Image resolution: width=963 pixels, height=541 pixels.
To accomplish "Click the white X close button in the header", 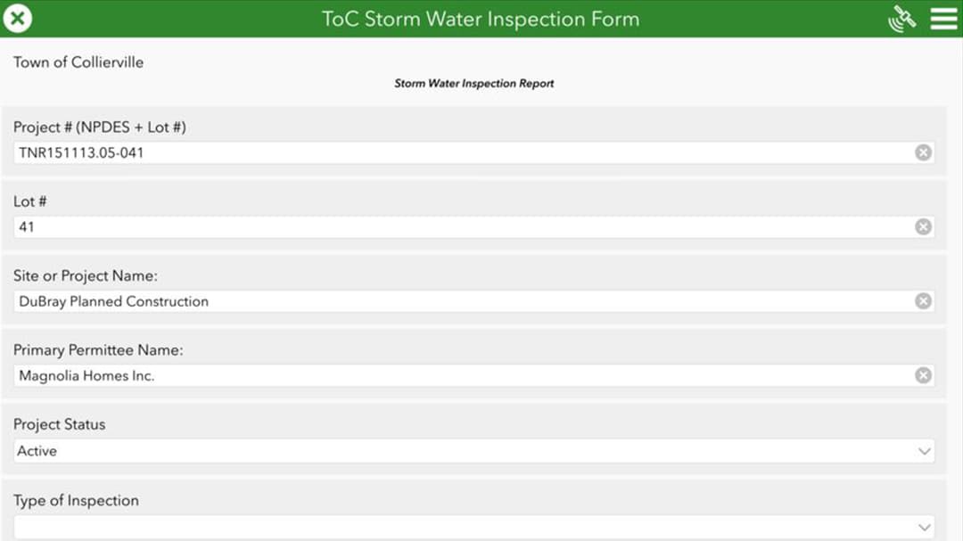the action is point(17,19).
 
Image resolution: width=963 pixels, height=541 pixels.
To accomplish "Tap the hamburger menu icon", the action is point(943,19).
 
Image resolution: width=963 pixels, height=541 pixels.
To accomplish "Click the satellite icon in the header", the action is point(901,19).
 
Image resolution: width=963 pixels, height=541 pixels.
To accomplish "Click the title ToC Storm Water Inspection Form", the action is point(481,19).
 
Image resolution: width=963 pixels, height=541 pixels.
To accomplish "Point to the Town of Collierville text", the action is point(78,62).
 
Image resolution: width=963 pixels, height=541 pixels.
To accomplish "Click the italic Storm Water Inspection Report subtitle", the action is point(474,84).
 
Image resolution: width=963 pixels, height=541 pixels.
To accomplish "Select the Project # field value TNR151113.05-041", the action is point(81,153).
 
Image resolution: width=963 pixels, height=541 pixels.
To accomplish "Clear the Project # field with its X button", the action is point(923,153).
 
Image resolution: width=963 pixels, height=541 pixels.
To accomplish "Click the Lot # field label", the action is point(30,201).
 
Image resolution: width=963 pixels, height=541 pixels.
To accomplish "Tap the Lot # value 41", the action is point(27,227).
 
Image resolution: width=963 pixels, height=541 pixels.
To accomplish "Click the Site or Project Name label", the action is point(86,275).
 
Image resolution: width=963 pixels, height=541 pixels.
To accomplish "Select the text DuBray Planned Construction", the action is point(113,301).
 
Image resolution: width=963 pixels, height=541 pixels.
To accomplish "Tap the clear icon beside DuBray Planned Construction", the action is point(923,301).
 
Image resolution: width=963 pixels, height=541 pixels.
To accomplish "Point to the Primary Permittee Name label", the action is point(98,350).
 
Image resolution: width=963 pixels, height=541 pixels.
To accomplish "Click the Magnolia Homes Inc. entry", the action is point(86,376).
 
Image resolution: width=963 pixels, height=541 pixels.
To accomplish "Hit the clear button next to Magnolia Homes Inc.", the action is point(923,375).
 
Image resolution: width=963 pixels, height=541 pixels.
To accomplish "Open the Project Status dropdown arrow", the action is point(925,451).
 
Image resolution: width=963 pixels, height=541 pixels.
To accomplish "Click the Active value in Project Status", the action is point(37,451).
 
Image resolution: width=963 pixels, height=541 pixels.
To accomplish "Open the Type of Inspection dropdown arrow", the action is point(925,528).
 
